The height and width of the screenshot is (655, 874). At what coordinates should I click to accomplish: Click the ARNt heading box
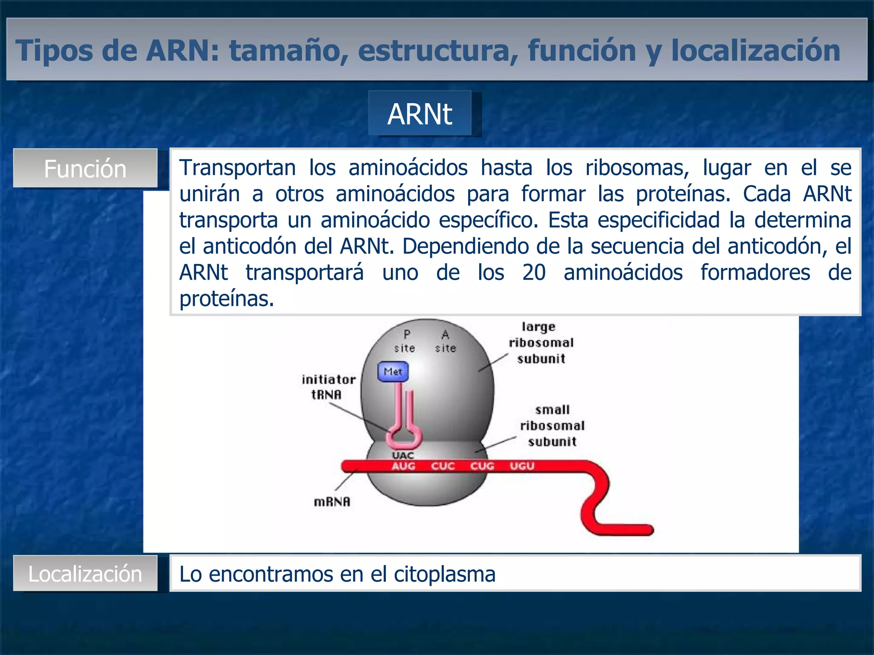point(420,114)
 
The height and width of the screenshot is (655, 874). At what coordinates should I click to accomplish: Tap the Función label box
point(85,168)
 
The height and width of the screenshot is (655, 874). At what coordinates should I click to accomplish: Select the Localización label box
point(85,574)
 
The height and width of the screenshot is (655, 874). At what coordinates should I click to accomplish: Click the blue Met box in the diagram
point(393,371)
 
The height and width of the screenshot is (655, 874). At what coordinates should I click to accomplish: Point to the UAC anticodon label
point(403,455)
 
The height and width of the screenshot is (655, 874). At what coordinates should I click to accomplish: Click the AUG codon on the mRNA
point(403,466)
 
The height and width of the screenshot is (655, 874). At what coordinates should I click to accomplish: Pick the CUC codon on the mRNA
point(443,466)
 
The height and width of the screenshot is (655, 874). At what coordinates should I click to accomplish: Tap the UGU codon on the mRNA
point(522,466)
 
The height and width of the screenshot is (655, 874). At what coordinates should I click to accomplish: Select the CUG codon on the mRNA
point(482,466)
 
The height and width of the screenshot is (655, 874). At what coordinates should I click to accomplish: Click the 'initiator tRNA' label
point(328,387)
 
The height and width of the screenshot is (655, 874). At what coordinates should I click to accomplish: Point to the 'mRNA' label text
point(332,502)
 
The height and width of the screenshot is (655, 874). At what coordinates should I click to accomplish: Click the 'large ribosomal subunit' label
point(541,343)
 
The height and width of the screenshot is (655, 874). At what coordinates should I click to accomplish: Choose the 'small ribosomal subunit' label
point(552,426)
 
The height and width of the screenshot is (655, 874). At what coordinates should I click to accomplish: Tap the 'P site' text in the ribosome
point(405,342)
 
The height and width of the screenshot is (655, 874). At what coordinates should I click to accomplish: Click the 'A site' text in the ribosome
point(446,342)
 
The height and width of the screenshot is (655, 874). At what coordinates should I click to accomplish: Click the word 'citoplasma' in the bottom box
point(444,574)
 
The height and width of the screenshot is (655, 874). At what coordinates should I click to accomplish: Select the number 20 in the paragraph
point(533,272)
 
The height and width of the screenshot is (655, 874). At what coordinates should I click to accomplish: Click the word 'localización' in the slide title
point(755,50)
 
